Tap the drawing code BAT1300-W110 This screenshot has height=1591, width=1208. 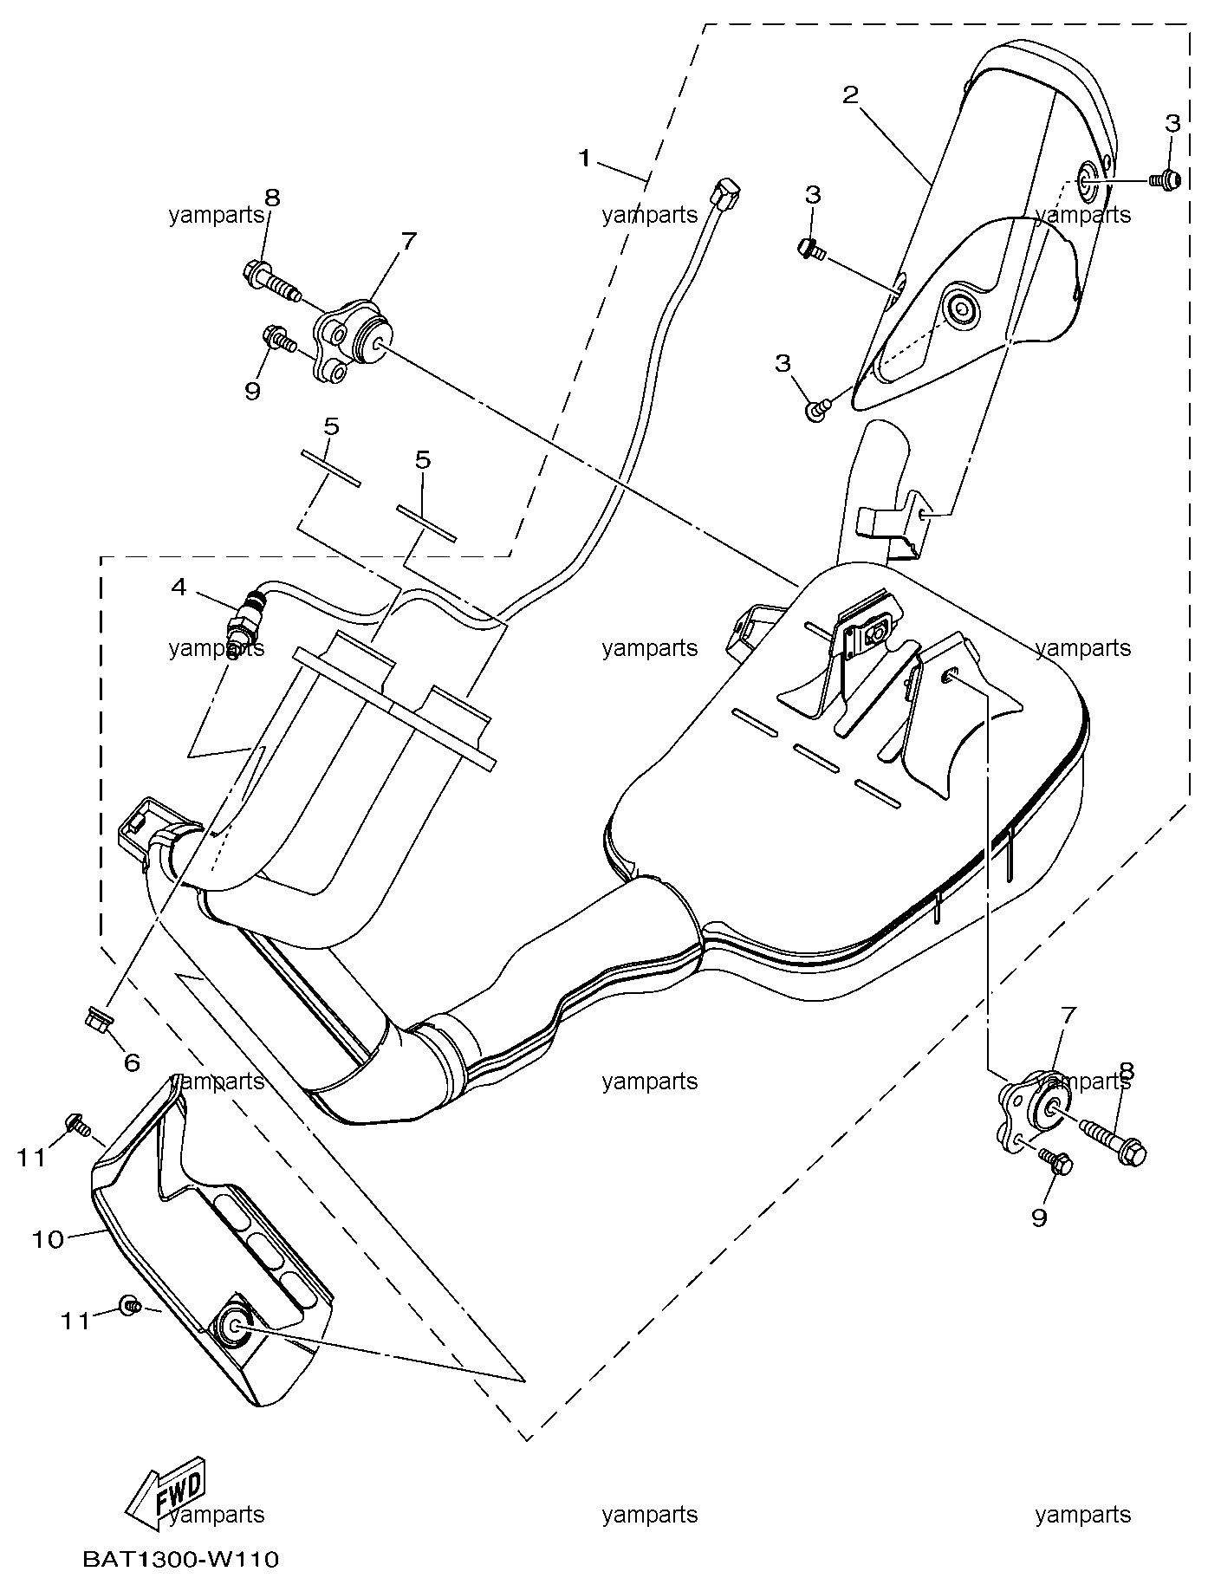point(181,1560)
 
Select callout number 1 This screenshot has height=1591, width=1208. point(586,158)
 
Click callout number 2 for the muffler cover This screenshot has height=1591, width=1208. point(850,94)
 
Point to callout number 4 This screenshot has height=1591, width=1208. point(179,587)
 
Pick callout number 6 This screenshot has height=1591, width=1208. point(132,1062)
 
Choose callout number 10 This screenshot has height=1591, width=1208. point(49,1239)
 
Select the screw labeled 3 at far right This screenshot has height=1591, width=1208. point(1164,179)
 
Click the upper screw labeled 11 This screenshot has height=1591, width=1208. point(76,1126)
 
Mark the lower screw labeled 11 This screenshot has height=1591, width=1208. point(129,1305)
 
